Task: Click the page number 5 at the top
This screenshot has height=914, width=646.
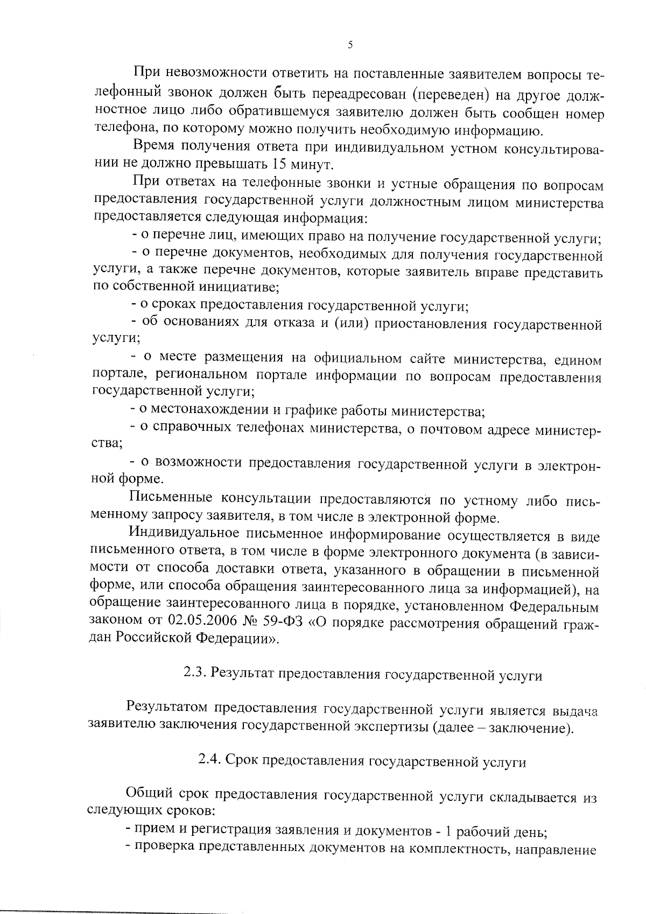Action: (350, 45)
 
